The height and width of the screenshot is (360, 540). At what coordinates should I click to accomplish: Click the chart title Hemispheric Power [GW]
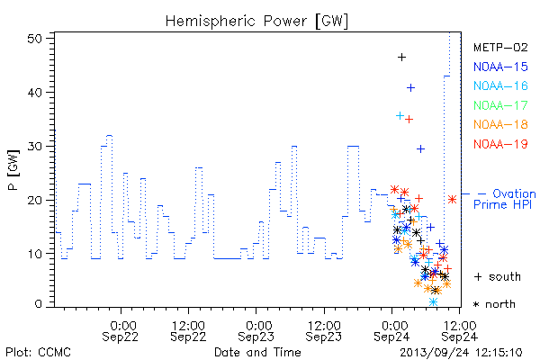click(256, 22)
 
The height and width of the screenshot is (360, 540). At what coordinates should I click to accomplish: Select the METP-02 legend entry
click(500, 47)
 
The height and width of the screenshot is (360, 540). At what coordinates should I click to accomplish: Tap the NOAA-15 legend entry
click(500, 67)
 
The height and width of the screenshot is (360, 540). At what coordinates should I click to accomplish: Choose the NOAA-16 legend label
click(500, 85)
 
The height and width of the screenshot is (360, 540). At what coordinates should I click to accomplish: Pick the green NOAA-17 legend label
click(500, 105)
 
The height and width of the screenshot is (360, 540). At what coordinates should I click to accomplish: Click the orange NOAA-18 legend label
click(500, 124)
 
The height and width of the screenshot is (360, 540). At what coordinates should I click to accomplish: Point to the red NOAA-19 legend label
click(500, 144)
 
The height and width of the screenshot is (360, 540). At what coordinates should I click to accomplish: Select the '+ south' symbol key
click(498, 276)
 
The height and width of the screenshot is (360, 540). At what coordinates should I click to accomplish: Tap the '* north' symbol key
click(494, 304)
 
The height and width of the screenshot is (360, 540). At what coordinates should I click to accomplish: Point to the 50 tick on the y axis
click(34, 39)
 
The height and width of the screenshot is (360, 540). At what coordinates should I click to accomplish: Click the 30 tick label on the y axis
click(34, 147)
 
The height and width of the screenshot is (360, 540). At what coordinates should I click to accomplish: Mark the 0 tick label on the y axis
click(38, 304)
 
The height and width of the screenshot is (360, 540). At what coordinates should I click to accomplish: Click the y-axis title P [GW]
click(13, 170)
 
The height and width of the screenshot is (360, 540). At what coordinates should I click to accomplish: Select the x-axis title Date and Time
click(257, 352)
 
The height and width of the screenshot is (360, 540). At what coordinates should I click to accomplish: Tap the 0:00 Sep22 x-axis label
click(121, 331)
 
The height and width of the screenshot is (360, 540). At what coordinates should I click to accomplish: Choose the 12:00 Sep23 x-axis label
click(324, 331)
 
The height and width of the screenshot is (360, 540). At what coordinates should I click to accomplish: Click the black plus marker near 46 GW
click(401, 58)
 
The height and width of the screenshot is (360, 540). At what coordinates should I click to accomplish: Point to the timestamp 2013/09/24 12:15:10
click(461, 353)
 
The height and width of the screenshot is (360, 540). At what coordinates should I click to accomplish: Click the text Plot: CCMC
click(38, 353)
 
